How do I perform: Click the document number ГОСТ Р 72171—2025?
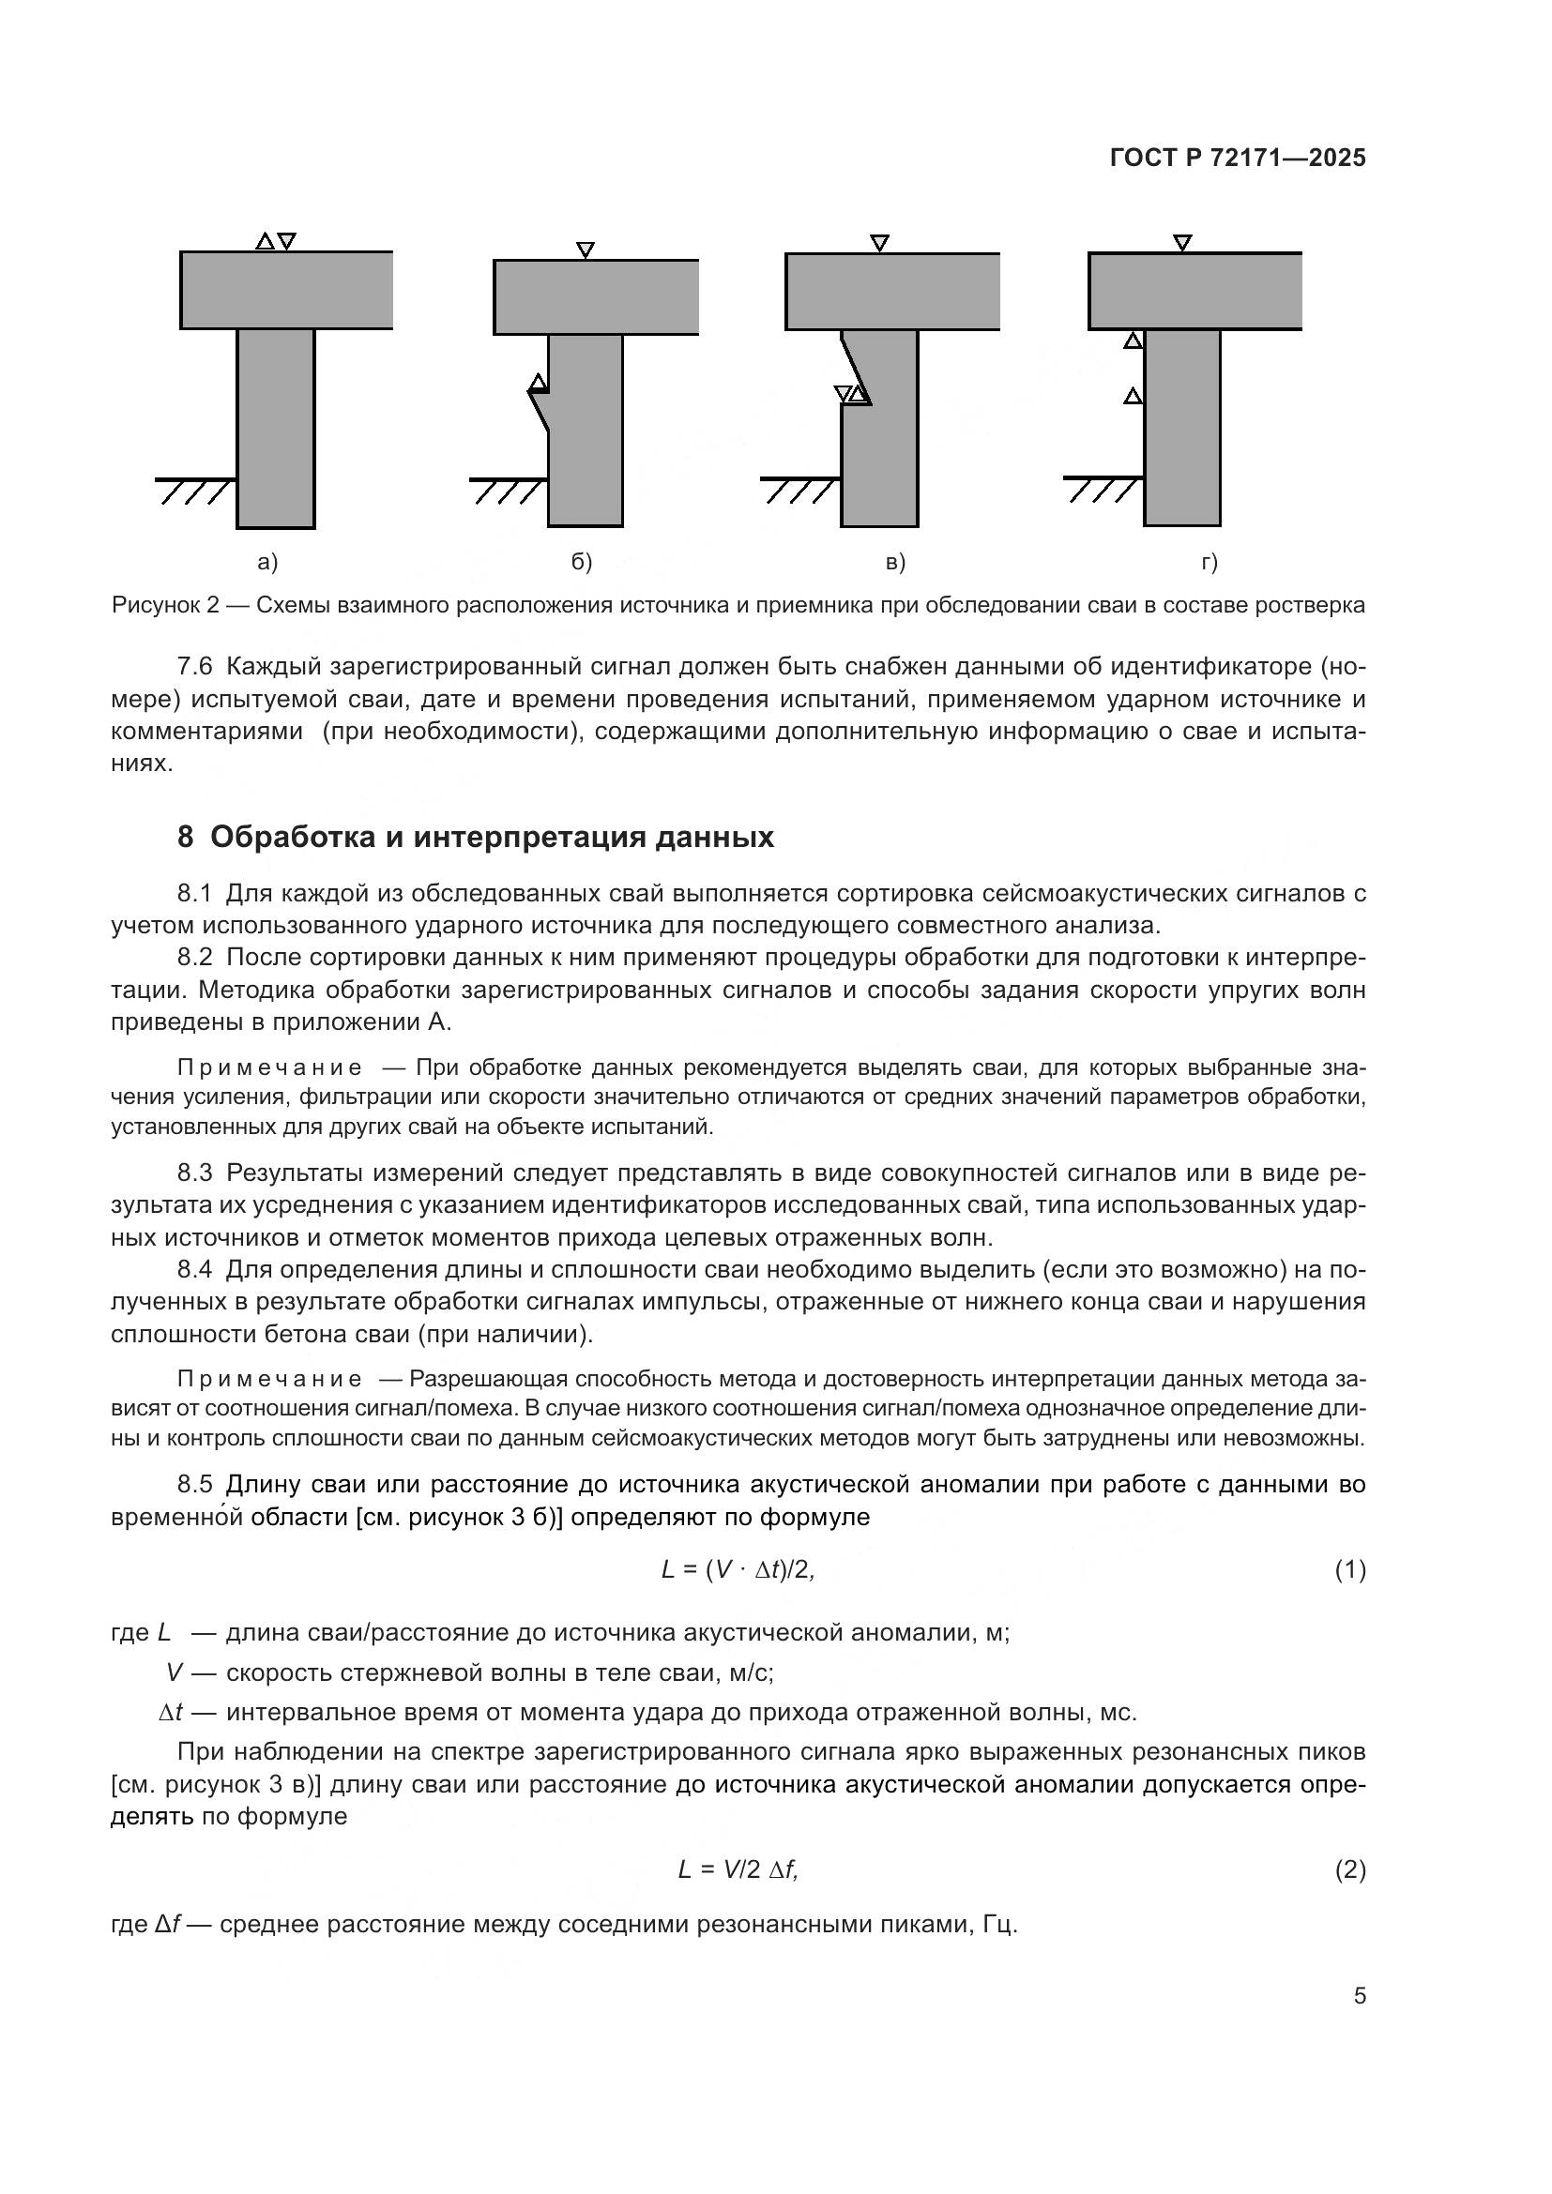[1238, 159]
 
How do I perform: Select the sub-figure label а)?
[267, 562]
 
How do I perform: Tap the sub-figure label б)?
[582, 562]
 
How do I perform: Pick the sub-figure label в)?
[895, 562]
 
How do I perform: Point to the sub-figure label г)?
[1209, 562]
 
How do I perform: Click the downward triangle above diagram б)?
[586, 250]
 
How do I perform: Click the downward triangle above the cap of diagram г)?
[1182, 243]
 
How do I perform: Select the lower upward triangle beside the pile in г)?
[1133, 396]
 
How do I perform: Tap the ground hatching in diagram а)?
[196, 492]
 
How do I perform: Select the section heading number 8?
[186, 837]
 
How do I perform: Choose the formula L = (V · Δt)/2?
[738, 1569]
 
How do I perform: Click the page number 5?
[1359, 1995]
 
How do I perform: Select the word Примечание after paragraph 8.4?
[269, 1379]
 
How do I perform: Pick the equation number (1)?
[1349, 1570]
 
